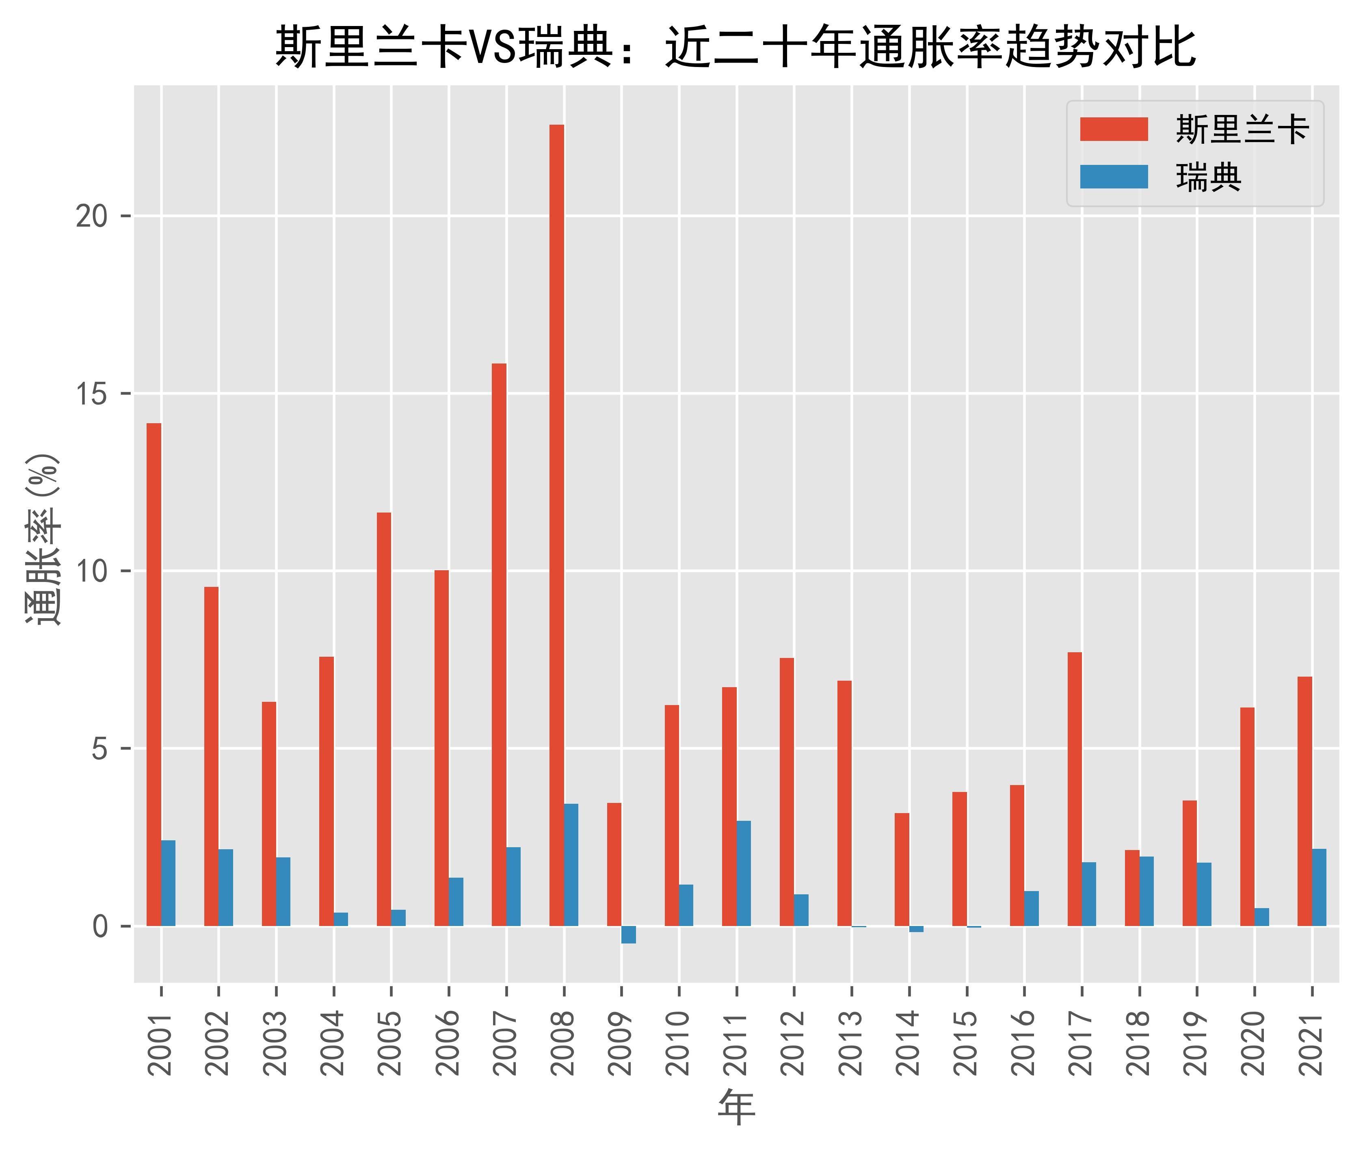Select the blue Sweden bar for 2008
pyautogui.click(x=571, y=865)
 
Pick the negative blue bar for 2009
pyautogui.click(x=628, y=935)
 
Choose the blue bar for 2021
pyautogui.click(x=1320, y=887)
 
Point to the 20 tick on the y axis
pyautogui.click(x=91, y=216)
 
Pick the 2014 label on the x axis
pyautogui.click(x=909, y=1043)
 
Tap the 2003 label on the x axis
pyautogui.click(x=276, y=1043)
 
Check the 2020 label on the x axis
pyautogui.click(x=1254, y=1043)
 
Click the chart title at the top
pyautogui.click(x=735, y=47)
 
